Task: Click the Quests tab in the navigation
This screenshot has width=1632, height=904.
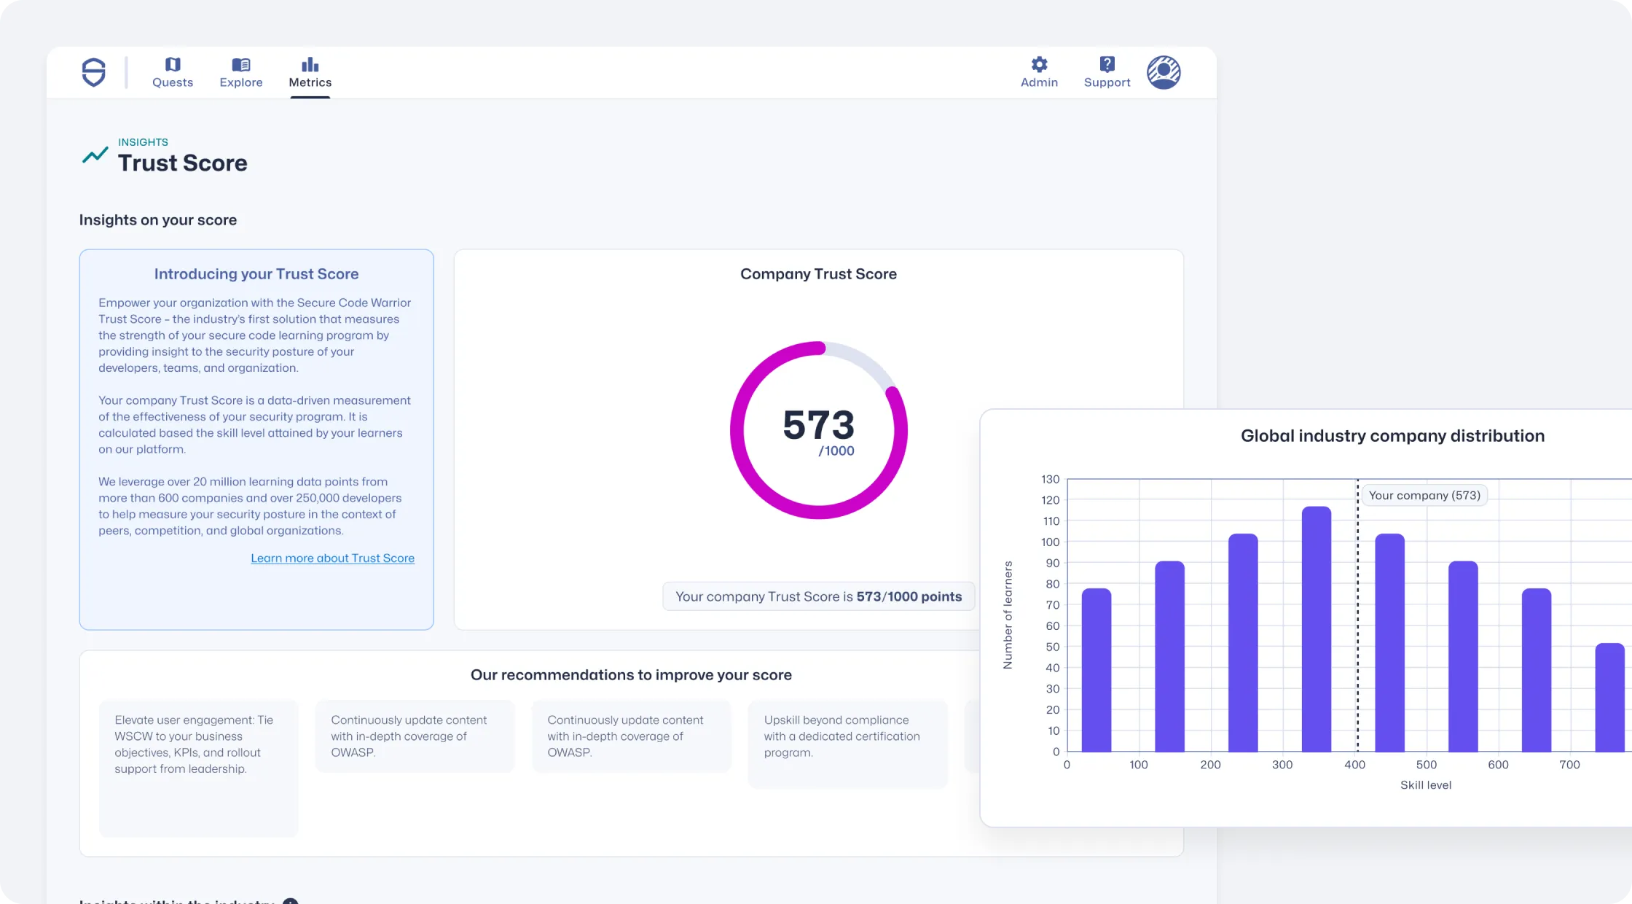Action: pos(173,73)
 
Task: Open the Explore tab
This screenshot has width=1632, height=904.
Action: pos(241,73)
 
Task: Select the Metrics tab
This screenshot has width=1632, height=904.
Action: pos(310,73)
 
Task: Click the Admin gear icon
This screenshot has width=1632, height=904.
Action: pos(1039,65)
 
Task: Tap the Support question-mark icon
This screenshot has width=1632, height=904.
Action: pos(1107,65)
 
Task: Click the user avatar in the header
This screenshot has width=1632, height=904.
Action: pos(1164,72)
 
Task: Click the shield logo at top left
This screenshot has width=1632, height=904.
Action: pos(93,72)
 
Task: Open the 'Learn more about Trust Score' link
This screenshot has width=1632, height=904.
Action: pos(332,558)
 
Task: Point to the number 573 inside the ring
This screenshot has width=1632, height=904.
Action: pos(818,425)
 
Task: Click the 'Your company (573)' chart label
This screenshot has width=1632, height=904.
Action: pos(1424,496)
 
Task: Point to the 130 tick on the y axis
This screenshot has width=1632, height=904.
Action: pos(1050,480)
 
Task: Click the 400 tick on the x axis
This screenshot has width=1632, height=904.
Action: pos(1354,765)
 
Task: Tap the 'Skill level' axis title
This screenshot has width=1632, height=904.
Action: pos(1426,785)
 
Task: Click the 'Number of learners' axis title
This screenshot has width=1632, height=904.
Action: pos(1008,615)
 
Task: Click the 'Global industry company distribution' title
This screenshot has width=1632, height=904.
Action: pos(1392,436)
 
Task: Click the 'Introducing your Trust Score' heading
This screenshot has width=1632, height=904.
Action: pos(256,274)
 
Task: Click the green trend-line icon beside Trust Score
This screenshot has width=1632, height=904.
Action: pos(95,155)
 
